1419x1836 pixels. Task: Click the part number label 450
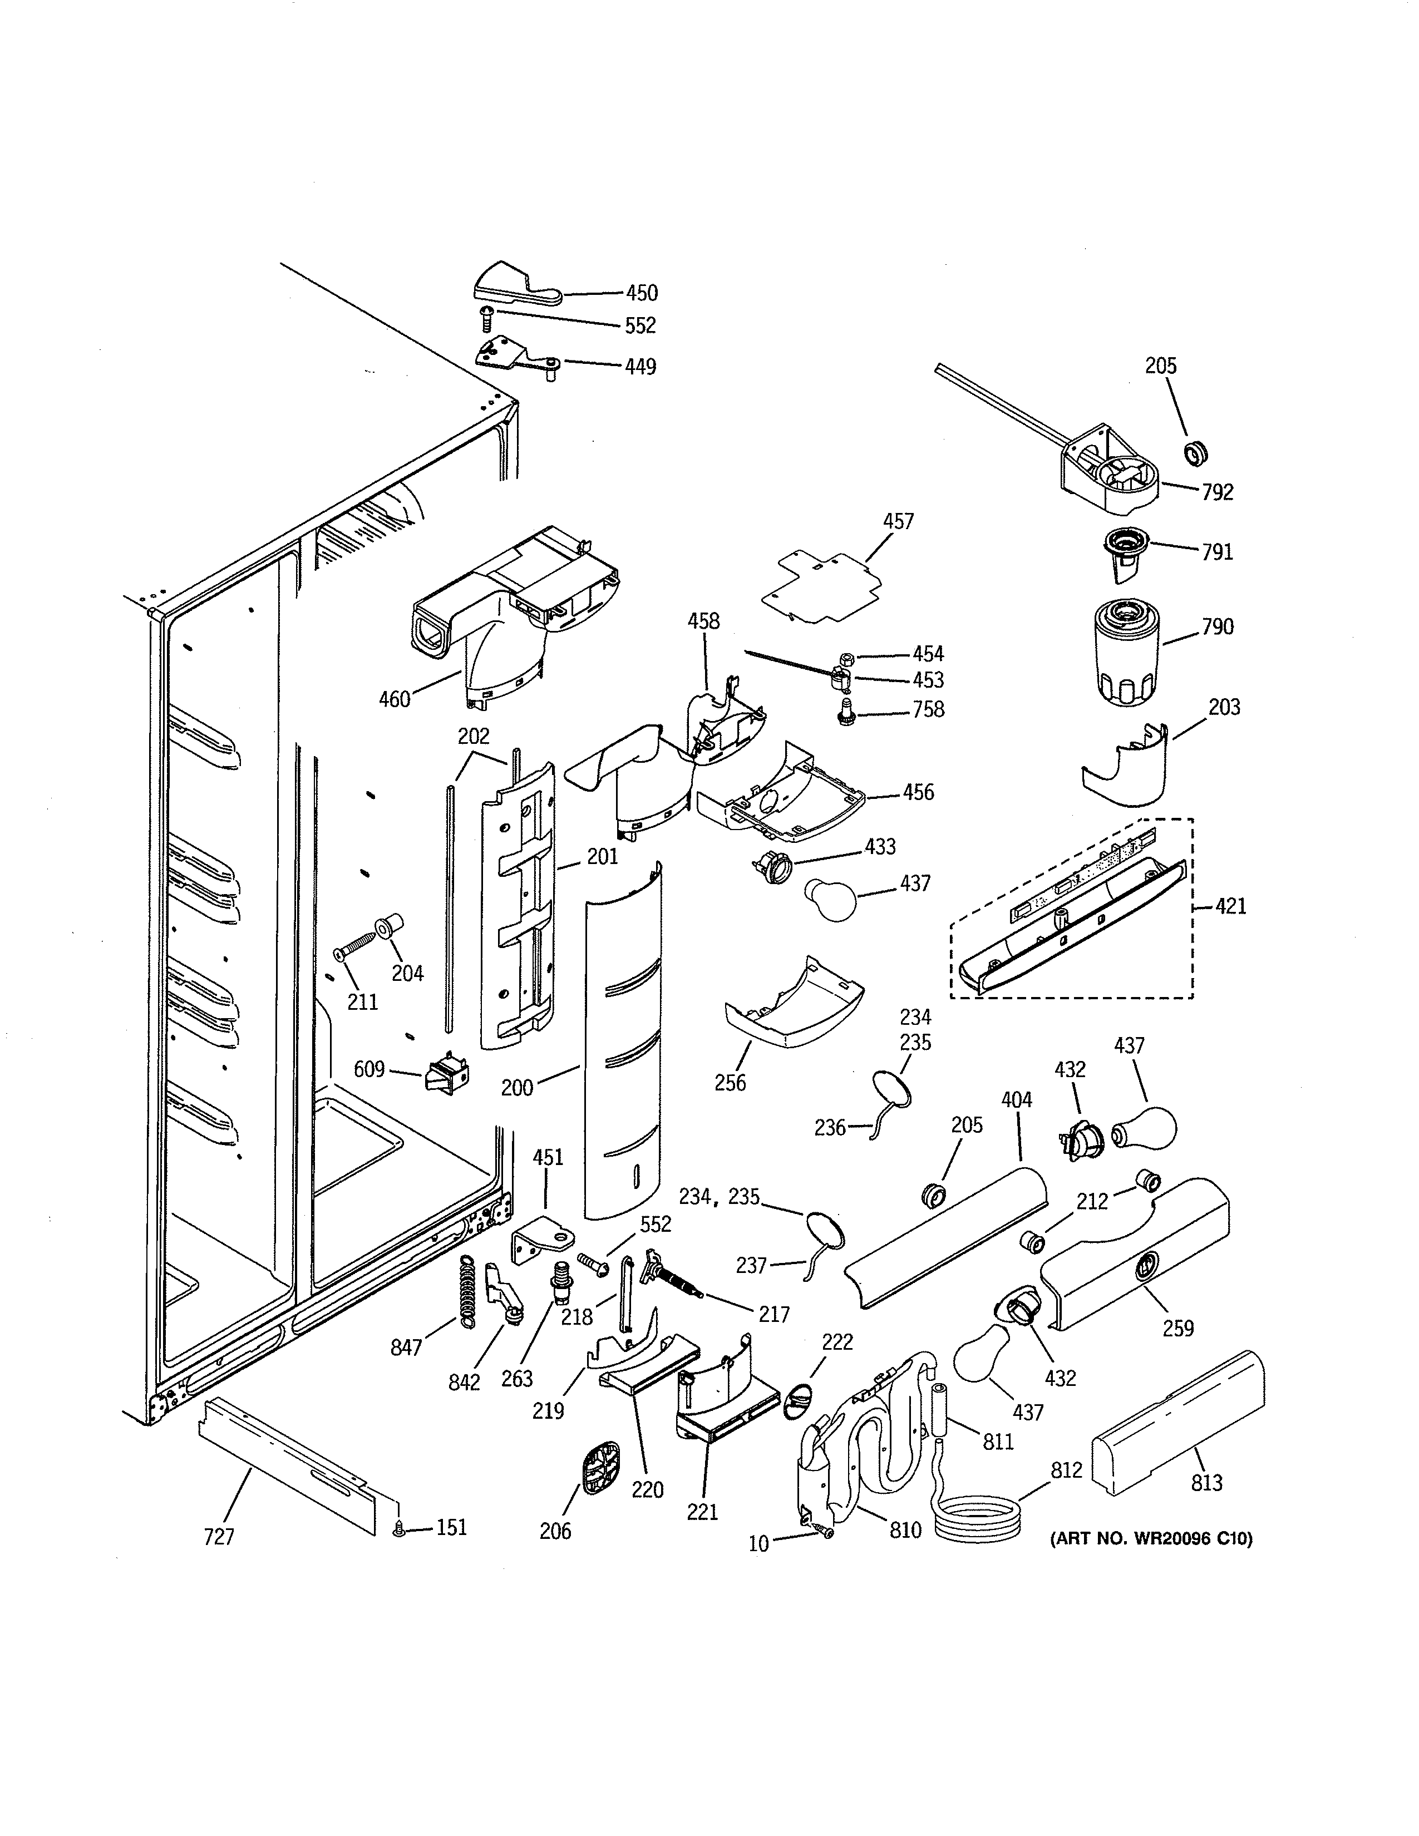click(x=642, y=293)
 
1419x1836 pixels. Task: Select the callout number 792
click(x=1217, y=492)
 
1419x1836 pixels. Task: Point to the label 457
click(x=898, y=521)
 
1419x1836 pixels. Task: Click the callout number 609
click(x=368, y=1069)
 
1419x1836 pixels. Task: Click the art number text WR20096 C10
click(x=1151, y=1539)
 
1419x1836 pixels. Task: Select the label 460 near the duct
click(x=395, y=699)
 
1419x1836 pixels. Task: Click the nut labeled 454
click(x=848, y=657)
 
